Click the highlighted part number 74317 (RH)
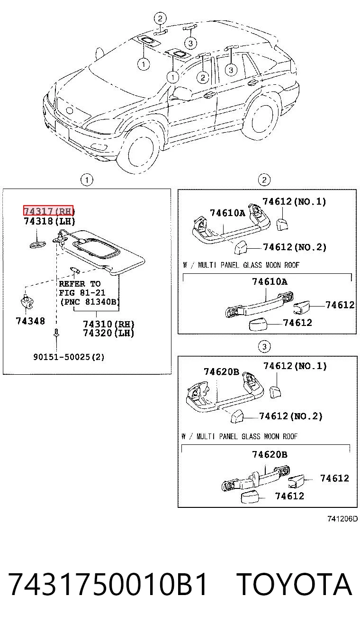(48, 211)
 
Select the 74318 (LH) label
(49, 221)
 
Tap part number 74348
(30, 321)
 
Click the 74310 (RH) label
(108, 324)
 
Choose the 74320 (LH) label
(108, 333)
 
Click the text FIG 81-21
(82, 293)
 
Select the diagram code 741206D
(342, 519)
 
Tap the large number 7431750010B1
(108, 584)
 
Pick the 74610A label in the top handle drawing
(227, 213)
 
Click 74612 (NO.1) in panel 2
(294, 201)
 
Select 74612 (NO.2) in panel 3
(291, 416)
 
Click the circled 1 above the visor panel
(87, 180)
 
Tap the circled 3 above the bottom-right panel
(264, 346)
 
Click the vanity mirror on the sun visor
(97, 248)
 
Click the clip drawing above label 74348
(27, 301)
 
